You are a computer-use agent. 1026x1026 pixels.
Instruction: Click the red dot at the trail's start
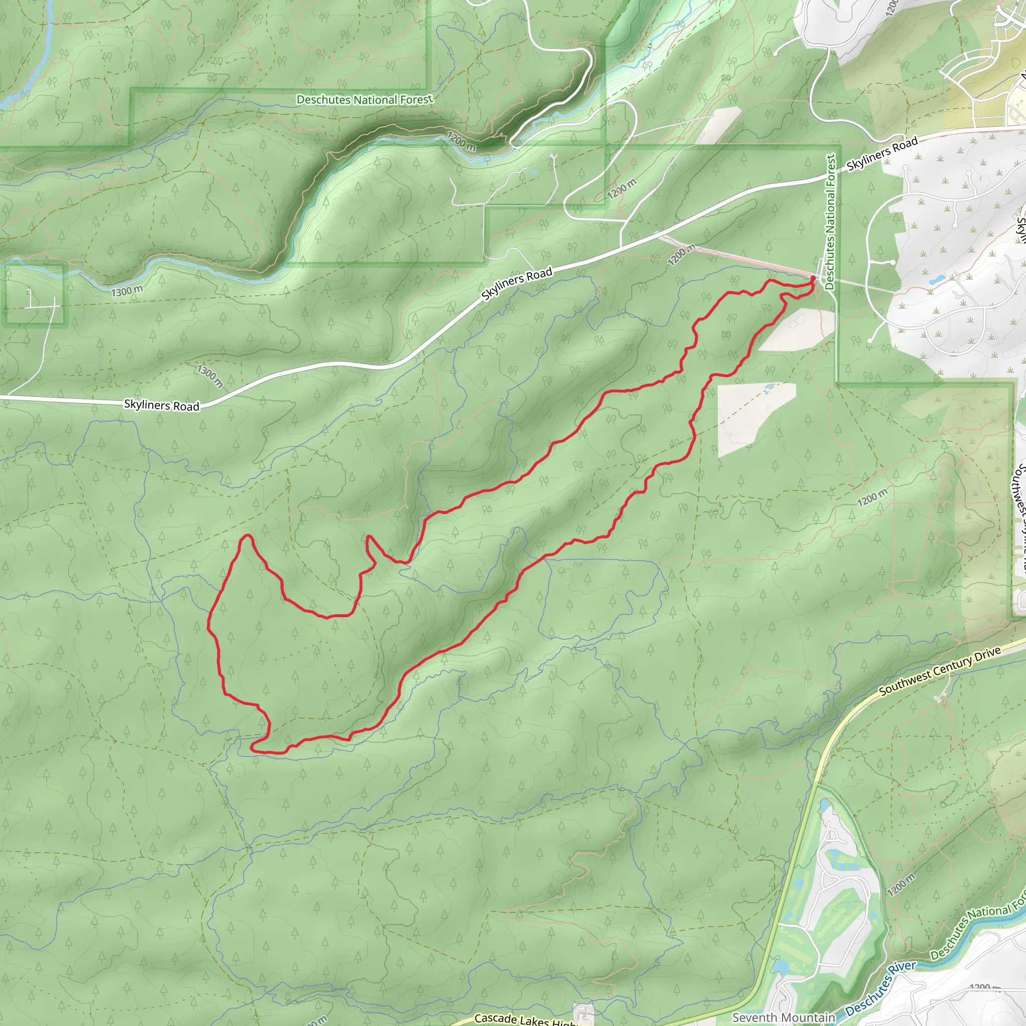coord(813,278)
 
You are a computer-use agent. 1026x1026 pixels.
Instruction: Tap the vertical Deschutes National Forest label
coord(831,222)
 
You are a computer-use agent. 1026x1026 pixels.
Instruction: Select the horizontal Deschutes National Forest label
coord(364,99)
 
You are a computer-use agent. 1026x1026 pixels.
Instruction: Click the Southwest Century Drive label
coord(940,671)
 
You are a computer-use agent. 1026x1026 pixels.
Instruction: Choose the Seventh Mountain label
coord(784,1017)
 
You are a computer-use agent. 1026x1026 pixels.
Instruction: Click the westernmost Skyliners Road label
coord(161,405)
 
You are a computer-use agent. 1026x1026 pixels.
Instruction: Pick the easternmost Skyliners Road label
coord(882,154)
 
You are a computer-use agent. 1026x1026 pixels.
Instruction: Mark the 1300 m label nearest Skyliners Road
coord(210,375)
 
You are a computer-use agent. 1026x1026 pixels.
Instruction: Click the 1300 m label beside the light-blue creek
coord(127,291)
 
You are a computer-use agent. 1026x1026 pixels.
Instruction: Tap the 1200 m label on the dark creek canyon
coord(461,141)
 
